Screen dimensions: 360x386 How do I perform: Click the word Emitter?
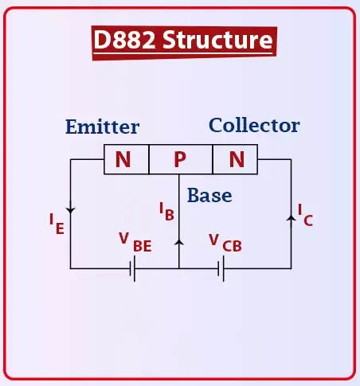102,127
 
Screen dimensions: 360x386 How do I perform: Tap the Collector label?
254,125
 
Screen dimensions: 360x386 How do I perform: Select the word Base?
209,195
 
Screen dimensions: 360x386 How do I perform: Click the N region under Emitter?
123,159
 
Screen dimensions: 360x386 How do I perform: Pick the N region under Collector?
237,159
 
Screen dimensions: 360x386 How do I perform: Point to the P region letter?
180,159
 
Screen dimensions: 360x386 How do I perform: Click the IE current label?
57,224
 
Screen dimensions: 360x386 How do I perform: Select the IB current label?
166,212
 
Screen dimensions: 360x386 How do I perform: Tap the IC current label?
305,215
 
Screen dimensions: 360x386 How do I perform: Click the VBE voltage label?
135,243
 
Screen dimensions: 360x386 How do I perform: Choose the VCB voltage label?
225,243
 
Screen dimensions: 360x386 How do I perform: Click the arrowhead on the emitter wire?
70,211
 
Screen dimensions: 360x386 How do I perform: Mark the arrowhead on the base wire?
179,242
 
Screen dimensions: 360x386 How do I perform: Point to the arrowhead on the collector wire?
292,218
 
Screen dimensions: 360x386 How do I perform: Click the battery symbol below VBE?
132,268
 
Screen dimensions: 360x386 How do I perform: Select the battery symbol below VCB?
221,268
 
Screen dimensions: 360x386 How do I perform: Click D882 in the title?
124,39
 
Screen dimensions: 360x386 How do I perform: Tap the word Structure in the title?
217,40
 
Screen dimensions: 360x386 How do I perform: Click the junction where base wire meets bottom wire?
179,268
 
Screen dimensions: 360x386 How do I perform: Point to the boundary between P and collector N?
213,159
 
